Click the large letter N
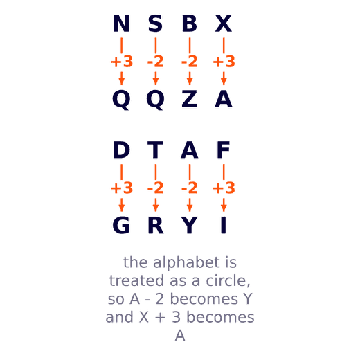coord(121,24)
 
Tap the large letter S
coord(155,24)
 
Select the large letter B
coord(190,24)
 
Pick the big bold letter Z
coord(190,99)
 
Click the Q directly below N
coord(121,100)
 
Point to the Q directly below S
coord(155,100)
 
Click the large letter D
coord(121,150)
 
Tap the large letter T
coord(155,150)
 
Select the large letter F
coord(224,150)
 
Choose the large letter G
coord(121,225)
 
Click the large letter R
coord(156,225)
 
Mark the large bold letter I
coord(224,225)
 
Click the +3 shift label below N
coord(122,62)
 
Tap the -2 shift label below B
coord(190,62)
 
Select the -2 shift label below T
coord(155,188)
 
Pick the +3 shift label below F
coord(224,188)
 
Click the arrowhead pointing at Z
coord(190,82)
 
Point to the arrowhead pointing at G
coord(121,208)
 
